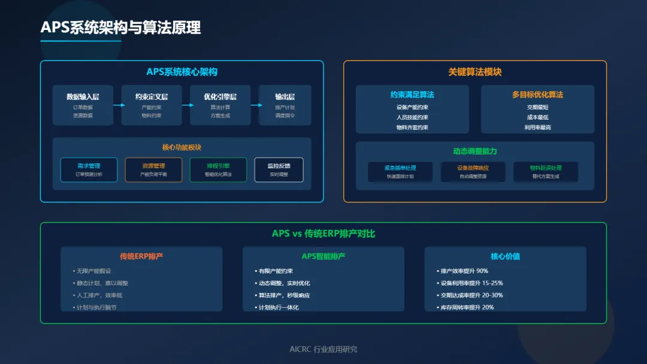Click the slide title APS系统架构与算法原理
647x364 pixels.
pos(120,28)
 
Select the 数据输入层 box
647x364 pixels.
pos(83,105)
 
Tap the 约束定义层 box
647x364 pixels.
pos(152,105)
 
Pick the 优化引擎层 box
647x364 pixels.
pos(220,105)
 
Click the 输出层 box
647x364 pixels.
pos(285,105)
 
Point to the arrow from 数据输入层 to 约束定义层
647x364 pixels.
pos(118,105)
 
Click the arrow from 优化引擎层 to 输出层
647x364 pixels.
pos(256,105)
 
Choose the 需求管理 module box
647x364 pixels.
pos(89,169)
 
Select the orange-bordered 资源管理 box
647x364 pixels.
pos(153,169)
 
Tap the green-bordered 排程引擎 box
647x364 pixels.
pos(218,169)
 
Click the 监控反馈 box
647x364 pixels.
pos(279,169)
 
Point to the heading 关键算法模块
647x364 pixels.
pos(474,72)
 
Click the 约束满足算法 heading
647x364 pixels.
pos(412,95)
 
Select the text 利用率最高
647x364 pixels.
pos(537,128)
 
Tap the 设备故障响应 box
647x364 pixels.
pos(473,172)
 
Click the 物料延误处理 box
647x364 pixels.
pos(546,172)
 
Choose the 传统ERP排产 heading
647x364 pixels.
pos(141,256)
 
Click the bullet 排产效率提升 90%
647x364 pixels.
pos(464,271)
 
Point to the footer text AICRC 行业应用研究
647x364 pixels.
pos(323,349)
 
